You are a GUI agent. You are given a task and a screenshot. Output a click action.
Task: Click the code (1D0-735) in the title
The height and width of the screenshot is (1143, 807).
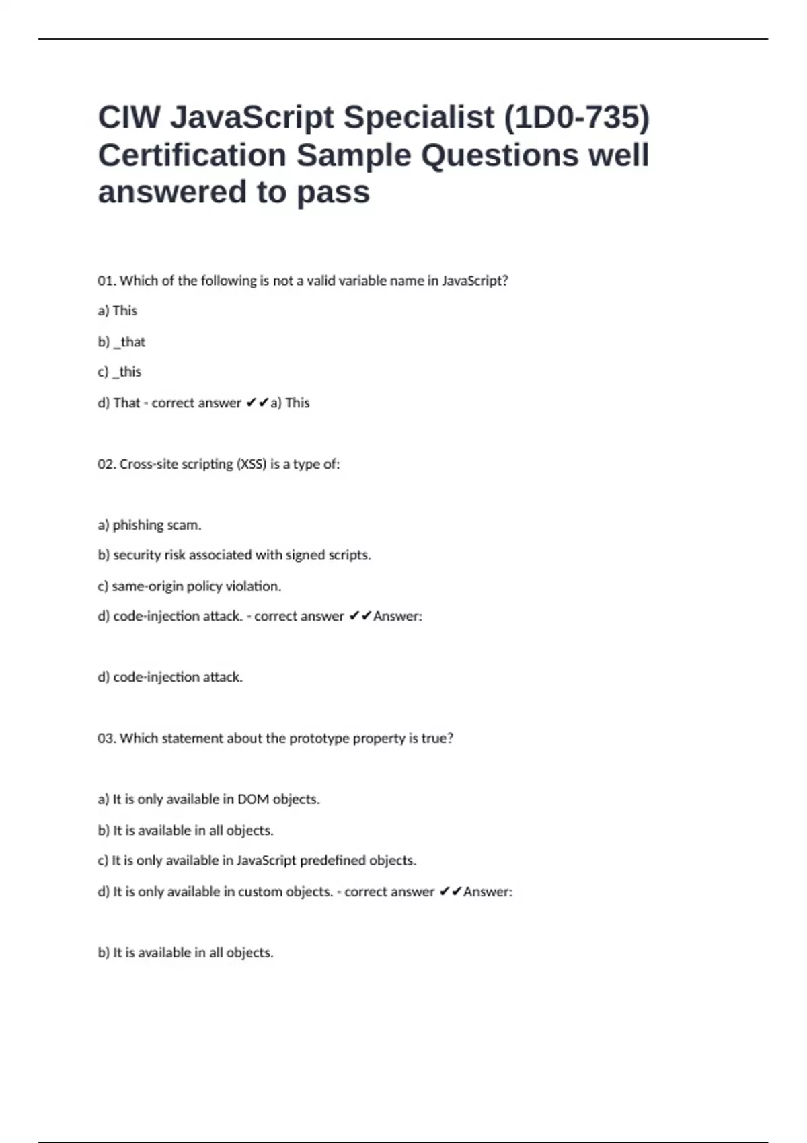576,118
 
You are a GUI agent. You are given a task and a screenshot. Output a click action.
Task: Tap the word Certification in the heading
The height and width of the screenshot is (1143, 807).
192,155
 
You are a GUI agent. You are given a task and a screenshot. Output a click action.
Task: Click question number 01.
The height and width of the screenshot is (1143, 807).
106,281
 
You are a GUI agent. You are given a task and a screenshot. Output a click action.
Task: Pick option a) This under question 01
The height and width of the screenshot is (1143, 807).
118,311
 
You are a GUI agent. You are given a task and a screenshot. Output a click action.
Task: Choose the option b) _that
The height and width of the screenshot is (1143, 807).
122,342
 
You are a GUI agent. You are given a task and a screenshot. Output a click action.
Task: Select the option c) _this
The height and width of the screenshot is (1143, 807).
120,372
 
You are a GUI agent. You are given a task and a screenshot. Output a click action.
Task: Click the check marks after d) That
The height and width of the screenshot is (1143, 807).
257,403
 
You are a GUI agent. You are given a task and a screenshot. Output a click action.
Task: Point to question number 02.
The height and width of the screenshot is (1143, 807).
106,464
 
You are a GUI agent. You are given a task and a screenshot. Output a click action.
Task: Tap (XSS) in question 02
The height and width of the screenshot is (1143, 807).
252,464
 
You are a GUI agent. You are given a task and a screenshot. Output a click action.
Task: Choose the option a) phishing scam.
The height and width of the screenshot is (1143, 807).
149,525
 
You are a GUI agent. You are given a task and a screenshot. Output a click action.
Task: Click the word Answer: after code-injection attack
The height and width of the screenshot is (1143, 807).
397,617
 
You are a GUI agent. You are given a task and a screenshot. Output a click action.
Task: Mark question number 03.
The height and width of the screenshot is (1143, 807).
106,738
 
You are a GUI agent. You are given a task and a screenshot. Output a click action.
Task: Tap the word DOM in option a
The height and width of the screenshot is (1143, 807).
253,799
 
